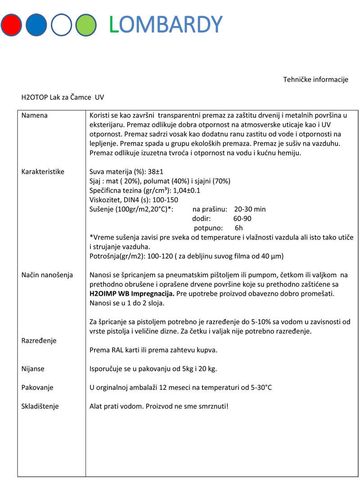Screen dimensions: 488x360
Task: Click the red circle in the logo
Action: pos(11,25)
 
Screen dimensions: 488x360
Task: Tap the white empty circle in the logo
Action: pos(61,25)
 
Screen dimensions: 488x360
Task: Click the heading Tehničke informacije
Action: pos(315,80)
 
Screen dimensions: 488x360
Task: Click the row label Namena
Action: pos(35,116)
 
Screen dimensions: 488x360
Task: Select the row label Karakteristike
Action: pos(43,172)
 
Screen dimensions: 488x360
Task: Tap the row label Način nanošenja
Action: pos(47,275)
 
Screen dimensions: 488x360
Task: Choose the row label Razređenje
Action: pos(39,340)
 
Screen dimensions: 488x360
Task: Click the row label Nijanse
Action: pos(33,369)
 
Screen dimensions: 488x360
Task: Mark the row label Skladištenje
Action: pos(40,406)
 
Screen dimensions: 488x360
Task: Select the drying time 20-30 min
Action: pos(250,209)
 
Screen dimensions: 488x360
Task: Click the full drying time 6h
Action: pos(239,228)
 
